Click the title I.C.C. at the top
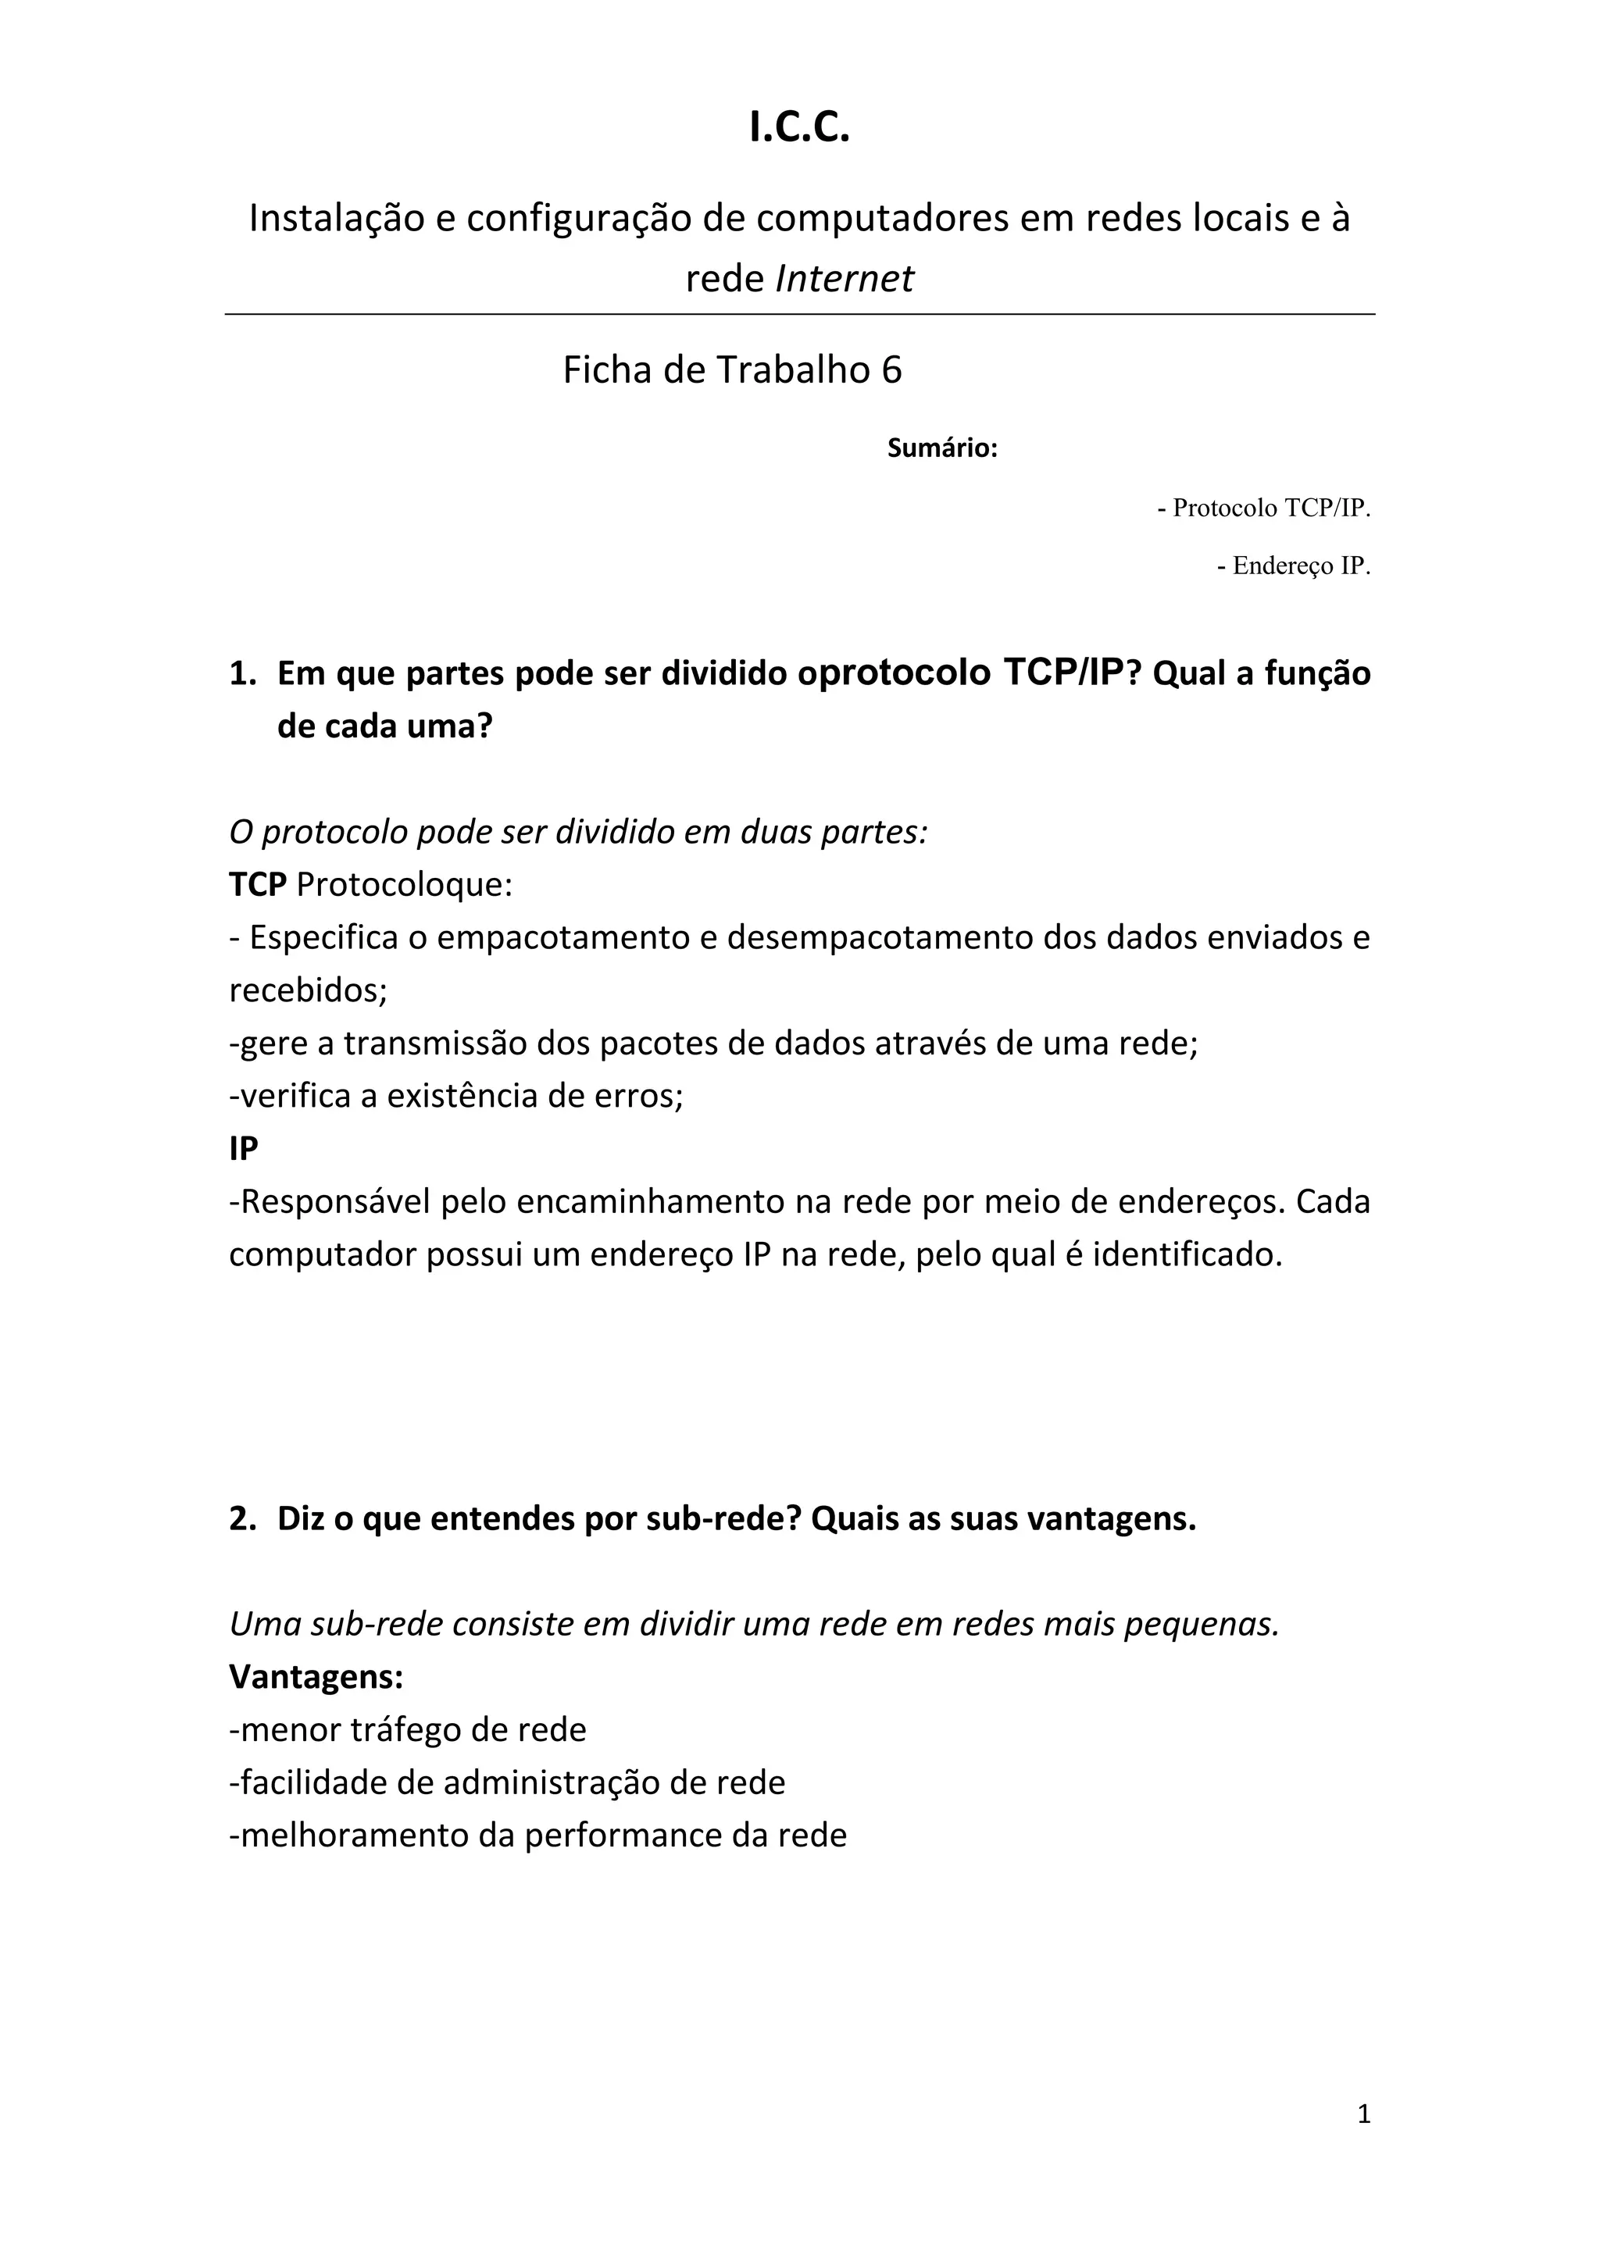799,128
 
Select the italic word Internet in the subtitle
845,279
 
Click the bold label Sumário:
942,448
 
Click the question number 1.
241,674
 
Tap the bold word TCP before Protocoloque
257,885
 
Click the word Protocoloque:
404,885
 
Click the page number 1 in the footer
1363,2114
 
